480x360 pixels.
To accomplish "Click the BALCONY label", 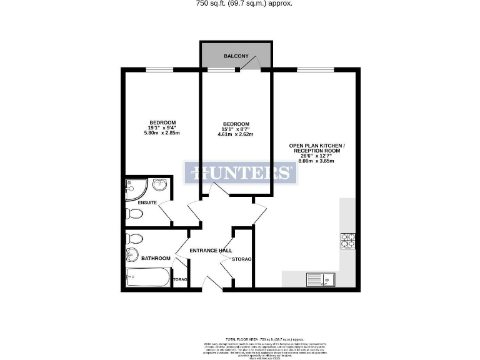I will coord(236,56).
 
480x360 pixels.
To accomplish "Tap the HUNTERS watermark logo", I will coord(240,173).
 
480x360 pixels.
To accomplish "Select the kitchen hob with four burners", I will coord(347,241).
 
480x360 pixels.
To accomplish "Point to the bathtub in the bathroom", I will coord(147,277).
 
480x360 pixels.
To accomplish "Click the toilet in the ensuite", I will coord(134,214).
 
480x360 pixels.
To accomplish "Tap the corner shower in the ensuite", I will coord(134,186).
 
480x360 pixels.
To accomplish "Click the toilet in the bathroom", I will coord(134,238).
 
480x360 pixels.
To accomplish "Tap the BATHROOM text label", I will coord(156,258).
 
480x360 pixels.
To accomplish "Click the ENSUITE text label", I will coord(147,202).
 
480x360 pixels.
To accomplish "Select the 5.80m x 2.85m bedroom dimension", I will coord(162,133).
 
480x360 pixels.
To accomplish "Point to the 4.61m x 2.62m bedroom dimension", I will coord(236,134).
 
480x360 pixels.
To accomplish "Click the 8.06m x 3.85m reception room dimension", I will coord(316,161).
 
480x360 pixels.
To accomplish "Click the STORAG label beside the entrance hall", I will coord(241,259).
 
